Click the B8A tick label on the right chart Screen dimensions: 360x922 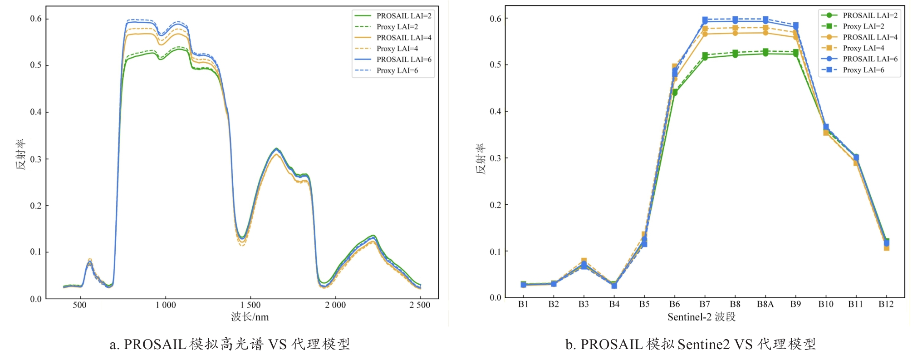[x=765, y=304]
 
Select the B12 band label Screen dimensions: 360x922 [x=886, y=304]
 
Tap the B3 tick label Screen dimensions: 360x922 [x=584, y=304]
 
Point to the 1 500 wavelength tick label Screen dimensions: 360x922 [x=250, y=305]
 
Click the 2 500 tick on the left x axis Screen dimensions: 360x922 [x=420, y=305]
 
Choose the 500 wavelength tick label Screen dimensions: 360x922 [x=79, y=305]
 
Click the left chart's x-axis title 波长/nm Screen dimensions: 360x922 [x=250, y=317]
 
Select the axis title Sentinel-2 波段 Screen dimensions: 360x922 [x=701, y=317]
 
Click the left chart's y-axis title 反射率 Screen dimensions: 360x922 [x=21, y=155]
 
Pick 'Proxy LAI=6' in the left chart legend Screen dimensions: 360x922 [x=397, y=70]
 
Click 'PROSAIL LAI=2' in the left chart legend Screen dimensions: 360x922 [x=404, y=16]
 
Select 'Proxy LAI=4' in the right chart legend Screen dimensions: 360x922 [x=863, y=48]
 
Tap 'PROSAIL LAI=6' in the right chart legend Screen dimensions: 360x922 [x=870, y=59]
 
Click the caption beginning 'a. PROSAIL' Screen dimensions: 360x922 [x=230, y=344]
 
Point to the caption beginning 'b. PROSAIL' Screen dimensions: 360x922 [x=690, y=344]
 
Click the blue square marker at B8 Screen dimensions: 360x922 [x=735, y=19]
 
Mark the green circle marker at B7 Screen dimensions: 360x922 [x=705, y=58]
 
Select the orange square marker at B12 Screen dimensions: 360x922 [x=886, y=248]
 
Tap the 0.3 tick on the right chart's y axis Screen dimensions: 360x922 [x=495, y=158]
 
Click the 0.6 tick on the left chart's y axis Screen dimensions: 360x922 [x=36, y=19]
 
